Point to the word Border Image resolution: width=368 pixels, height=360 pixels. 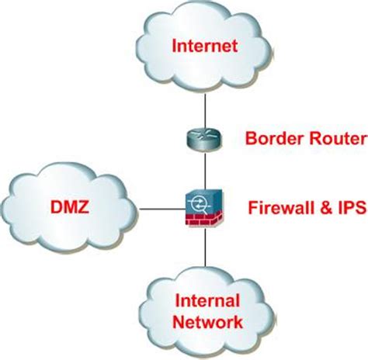tap(272, 140)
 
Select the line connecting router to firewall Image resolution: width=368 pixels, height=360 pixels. tap(203, 169)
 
